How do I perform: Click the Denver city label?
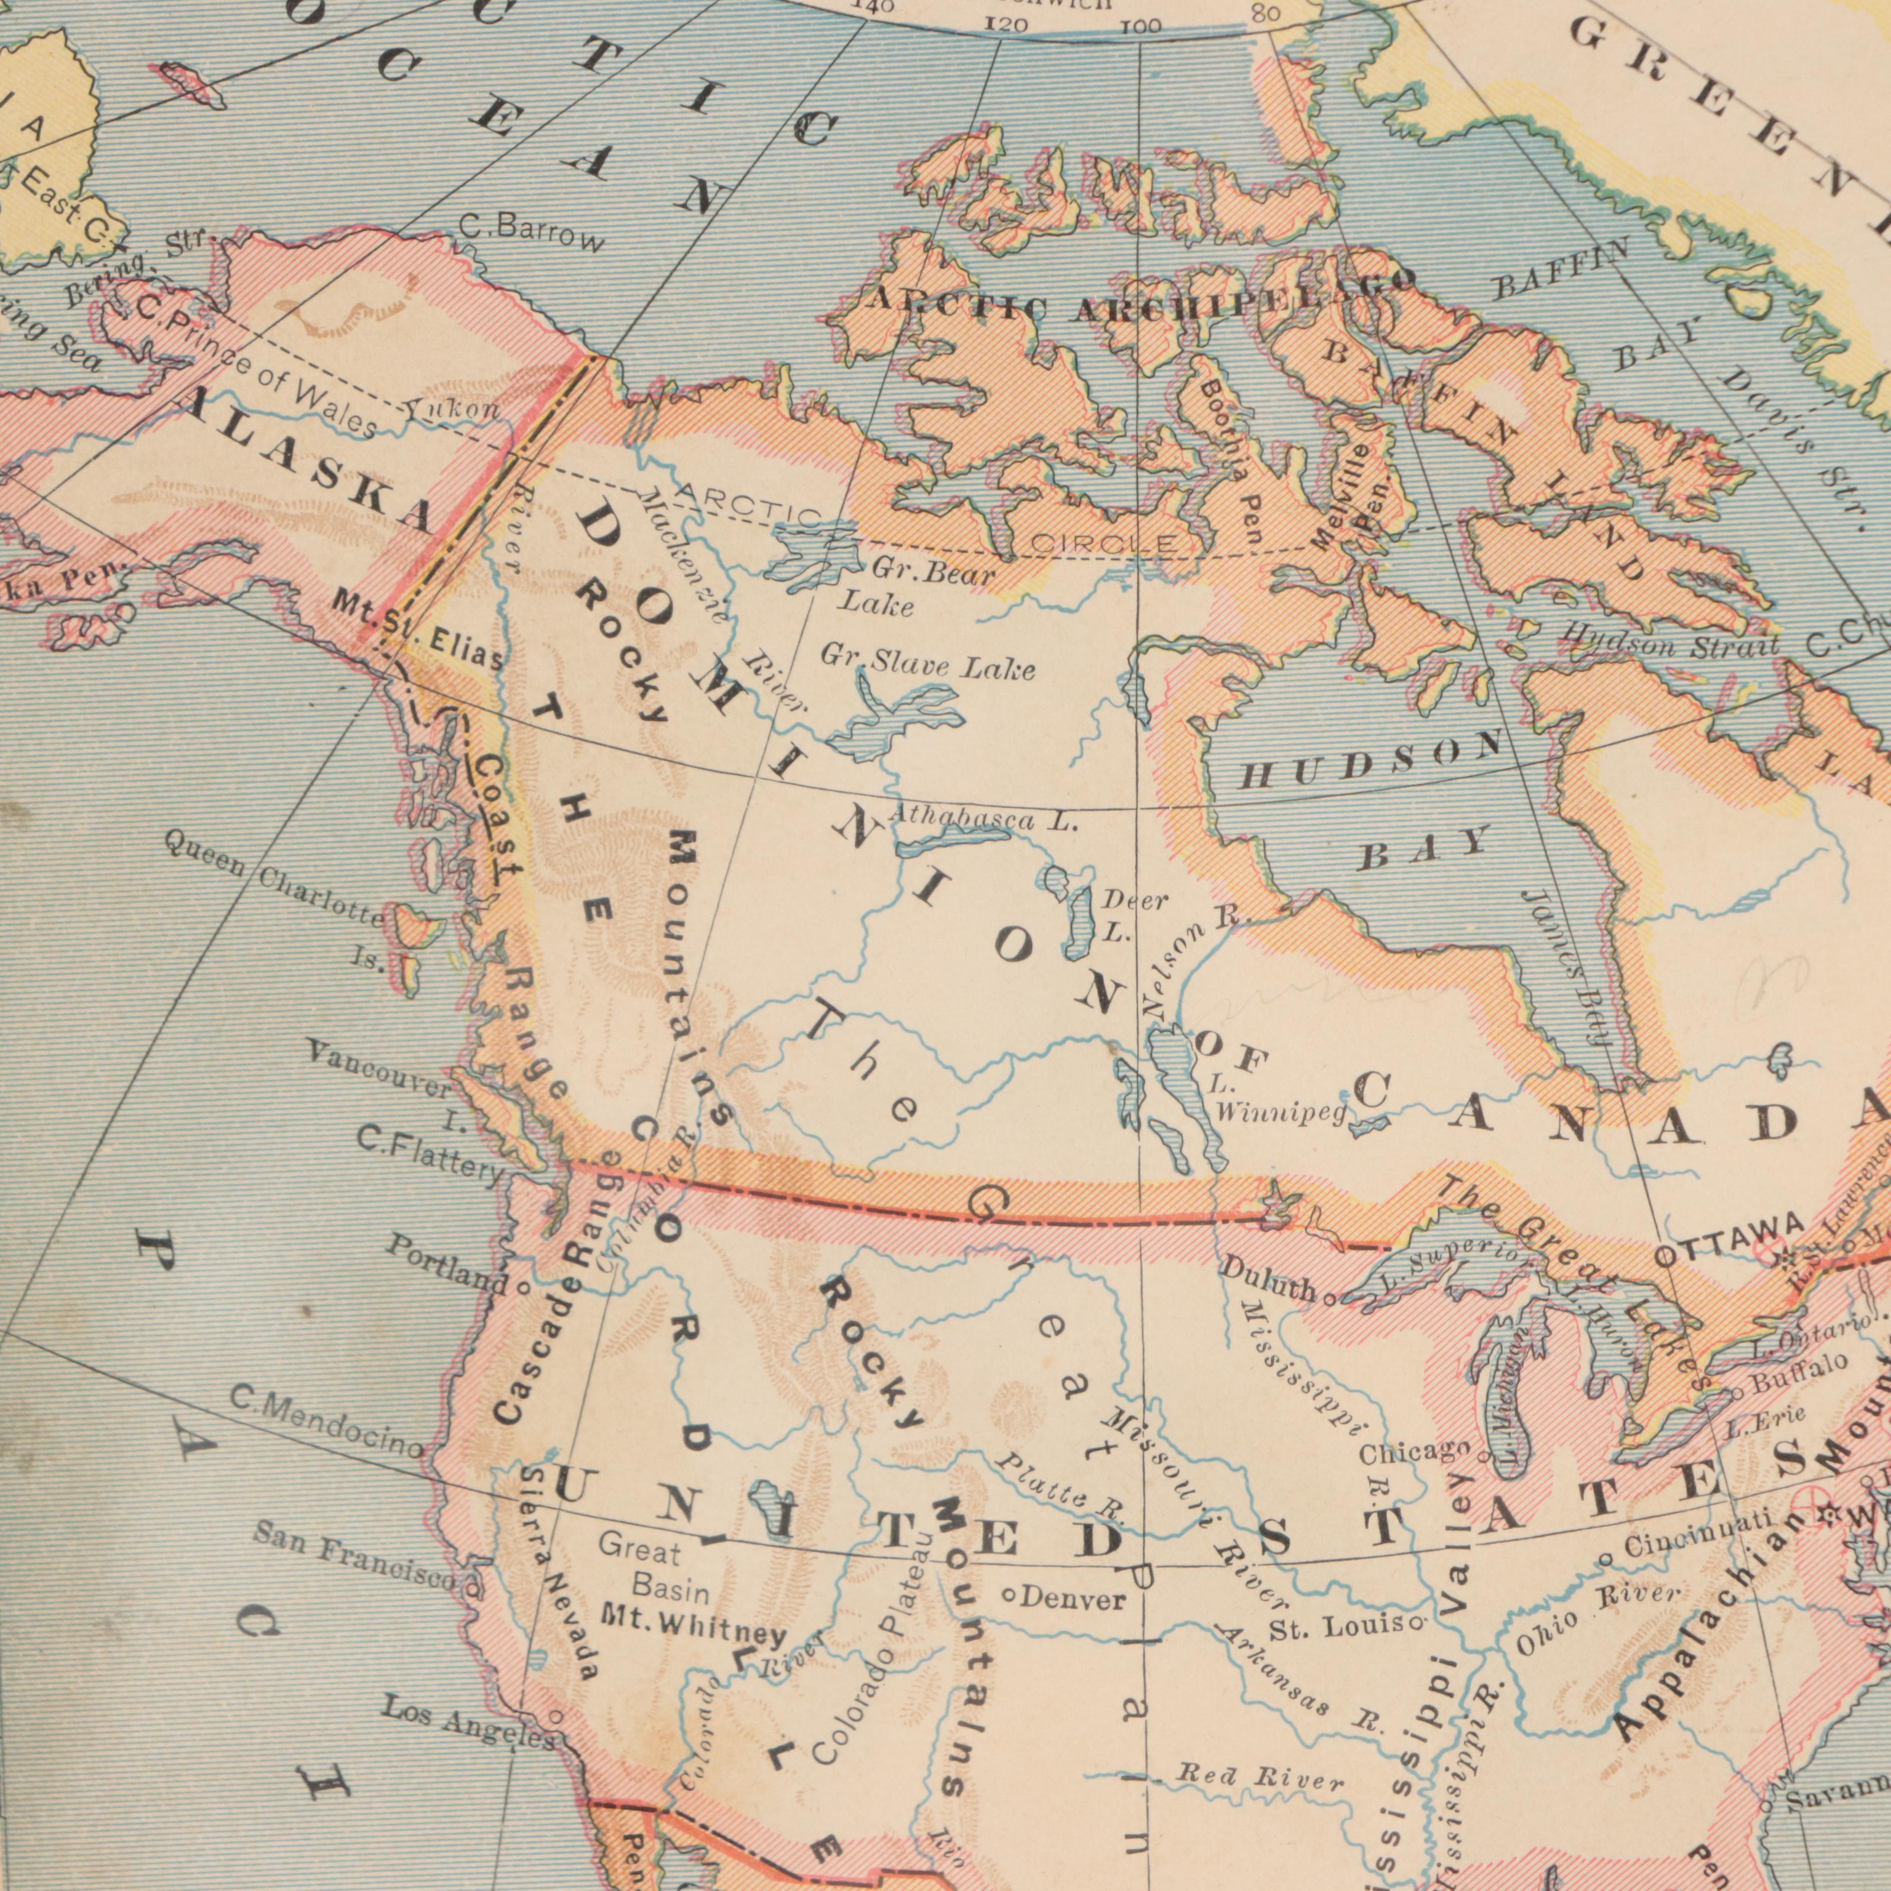pyautogui.click(x=1073, y=1599)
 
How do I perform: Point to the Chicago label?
pyautogui.click(x=1414, y=1453)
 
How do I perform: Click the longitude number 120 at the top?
pyautogui.click(x=1005, y=24)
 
